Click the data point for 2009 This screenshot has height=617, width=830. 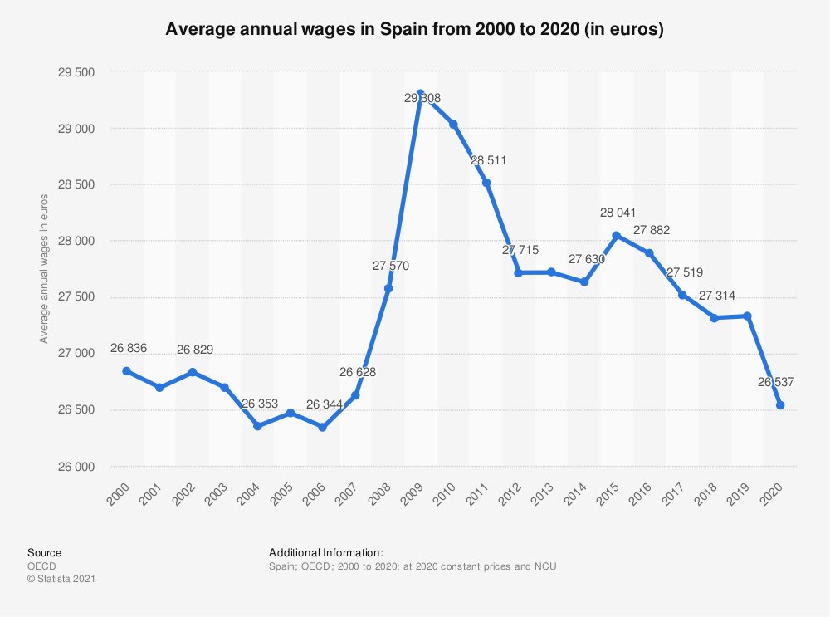click(x=421, y=93)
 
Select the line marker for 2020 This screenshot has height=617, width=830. click(x=780, y=405)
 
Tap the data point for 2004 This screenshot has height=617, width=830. click(x=257, y=426)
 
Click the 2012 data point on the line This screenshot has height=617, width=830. click(x=519, y=272)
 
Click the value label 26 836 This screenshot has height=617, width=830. click(x=128, y=348)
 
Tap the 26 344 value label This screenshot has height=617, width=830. click(x=324, y=404)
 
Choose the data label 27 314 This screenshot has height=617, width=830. click(x=715, y=296)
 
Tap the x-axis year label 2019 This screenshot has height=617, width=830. click(x=741, y=492)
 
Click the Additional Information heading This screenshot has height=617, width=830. click(x=325, y=552)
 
